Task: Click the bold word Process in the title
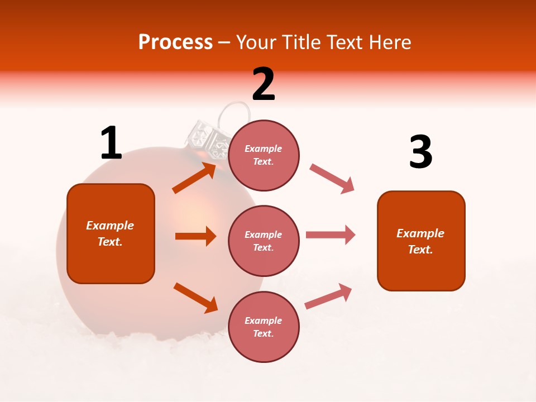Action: (175, 42)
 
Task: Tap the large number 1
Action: (111, 143)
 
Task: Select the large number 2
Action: (264, 84)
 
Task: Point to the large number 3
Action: (420, 152)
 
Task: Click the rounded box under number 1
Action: (111, 233)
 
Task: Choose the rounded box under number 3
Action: (421, 241)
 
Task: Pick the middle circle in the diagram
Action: (264, 241)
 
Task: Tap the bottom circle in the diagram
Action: (264, 327)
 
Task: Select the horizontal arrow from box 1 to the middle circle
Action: (195, 236)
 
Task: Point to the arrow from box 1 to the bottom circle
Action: (195, 298)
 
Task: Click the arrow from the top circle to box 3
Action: (332, 179)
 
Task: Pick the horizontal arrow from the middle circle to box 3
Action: (330, 234)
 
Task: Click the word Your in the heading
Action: (256, 42)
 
